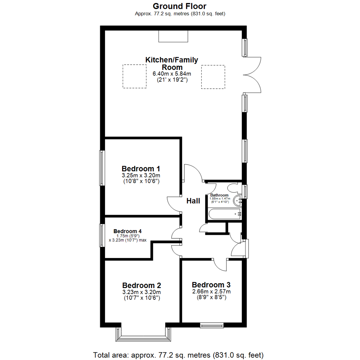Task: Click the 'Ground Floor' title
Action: [x=180, y=6]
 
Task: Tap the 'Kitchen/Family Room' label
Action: [x=172, y=63]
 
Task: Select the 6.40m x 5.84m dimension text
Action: [x=172, y=74]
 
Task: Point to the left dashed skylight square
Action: [x=135, y=76]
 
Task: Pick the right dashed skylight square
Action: [x=213, y=77]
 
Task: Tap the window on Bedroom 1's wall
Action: [x=102, y=168]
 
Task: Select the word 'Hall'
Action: [x=193, y=201]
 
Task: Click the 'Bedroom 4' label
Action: [x=127, y=231]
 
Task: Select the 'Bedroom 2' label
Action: [x=142, y=285]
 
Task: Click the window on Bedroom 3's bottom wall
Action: [x=212, y=325]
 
